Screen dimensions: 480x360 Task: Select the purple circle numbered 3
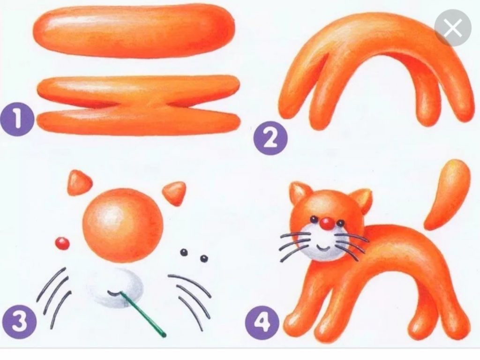pos(20,322)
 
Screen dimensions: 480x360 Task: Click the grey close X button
pos(453,28)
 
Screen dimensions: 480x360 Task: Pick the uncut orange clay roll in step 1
pos(134,31)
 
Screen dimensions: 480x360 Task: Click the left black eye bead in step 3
pos(184,252)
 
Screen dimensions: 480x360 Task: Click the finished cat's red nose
pos(327,224)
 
